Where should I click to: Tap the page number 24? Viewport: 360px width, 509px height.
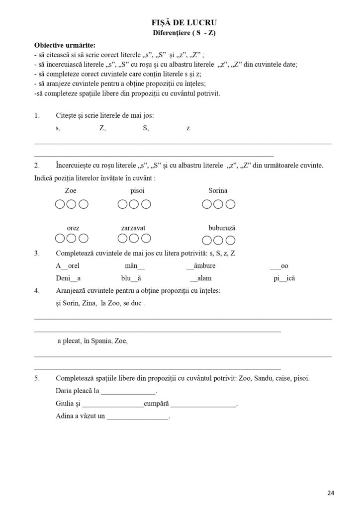tap(331, 493)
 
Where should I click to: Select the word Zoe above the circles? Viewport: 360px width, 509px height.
tap(71, 191)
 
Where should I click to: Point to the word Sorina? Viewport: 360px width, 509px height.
tap(218, 191)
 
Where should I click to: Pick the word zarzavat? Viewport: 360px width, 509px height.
tap(133, 228)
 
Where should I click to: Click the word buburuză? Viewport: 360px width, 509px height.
tap(222, 228)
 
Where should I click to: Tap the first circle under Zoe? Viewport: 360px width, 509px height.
tap(59, 204)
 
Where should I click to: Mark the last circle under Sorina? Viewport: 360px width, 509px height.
tap(231, 204)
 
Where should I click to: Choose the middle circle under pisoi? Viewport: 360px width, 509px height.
tap(134, 204)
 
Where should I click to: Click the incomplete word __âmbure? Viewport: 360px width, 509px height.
tap(201, 266)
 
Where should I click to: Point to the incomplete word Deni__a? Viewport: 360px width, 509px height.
tap(69, 278)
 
